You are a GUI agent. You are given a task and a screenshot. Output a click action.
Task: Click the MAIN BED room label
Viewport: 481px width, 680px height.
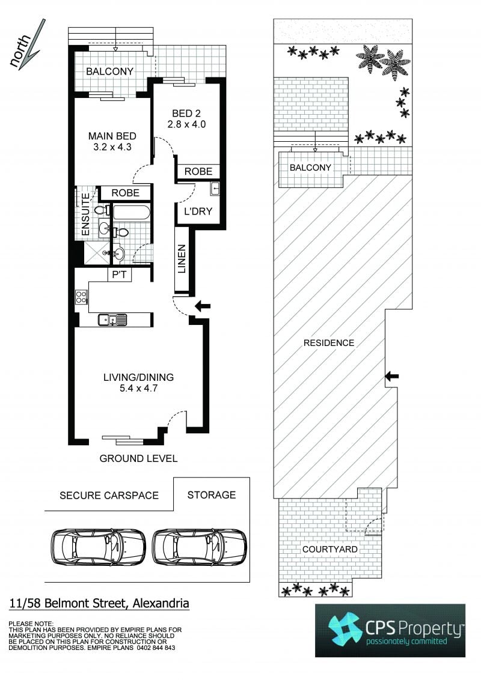tap(112, 136)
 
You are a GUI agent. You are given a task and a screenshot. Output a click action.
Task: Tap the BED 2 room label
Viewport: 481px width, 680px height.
tap(186, 114)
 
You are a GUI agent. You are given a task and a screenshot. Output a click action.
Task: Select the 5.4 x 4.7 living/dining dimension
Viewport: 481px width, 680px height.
tap(138, 389)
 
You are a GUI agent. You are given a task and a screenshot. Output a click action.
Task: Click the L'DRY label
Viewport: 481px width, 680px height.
tap(198, 211)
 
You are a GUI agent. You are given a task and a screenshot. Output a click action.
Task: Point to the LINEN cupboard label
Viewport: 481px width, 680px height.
tap(182, 259)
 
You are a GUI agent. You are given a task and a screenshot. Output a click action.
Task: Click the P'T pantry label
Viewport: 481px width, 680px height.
tap(120, 275)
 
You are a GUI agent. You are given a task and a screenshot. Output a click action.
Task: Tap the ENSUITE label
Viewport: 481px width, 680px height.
tap(85, 214)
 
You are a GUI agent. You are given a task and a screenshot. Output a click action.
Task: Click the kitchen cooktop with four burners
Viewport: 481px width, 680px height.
tap(82, 297)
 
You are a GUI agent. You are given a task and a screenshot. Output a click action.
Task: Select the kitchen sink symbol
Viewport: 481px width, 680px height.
tap(112, 320)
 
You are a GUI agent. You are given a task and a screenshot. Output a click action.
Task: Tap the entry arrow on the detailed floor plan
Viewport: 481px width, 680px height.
tap(202, 306)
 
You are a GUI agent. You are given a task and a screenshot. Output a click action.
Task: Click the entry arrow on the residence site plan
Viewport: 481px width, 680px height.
tap(392, 377)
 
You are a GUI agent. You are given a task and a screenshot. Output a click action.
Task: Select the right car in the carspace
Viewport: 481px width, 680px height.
tap(200, 547)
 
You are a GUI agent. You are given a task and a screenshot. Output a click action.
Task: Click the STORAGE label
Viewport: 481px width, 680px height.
tap(212, 495)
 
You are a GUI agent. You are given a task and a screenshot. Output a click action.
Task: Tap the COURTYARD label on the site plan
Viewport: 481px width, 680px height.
tap(330, 550)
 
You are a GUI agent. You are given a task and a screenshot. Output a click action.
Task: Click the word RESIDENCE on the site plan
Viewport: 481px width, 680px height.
tap(329, 343)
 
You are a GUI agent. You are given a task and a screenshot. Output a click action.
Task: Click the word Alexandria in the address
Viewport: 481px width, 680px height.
tap(161, 603)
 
